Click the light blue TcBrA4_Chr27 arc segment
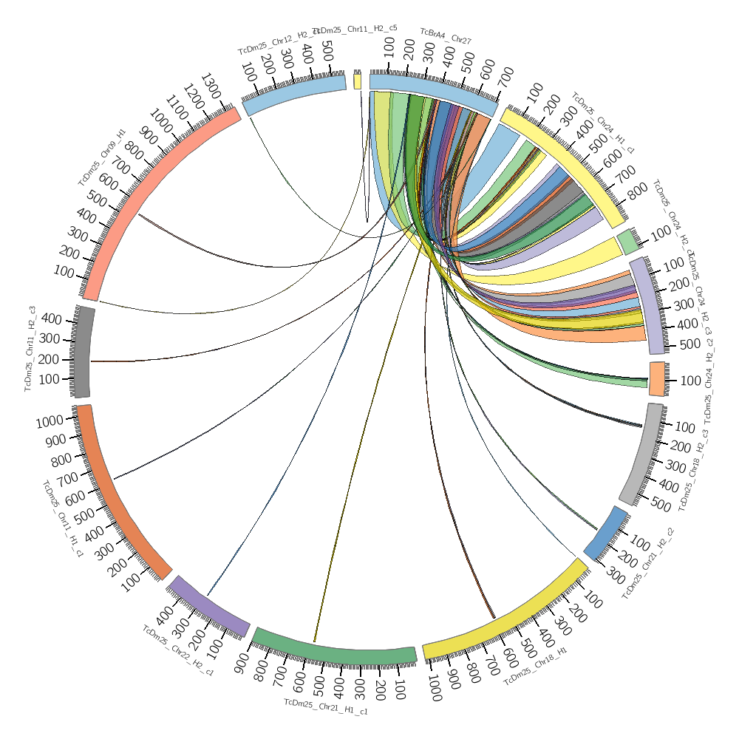pyautogui.click(x=432, y=92)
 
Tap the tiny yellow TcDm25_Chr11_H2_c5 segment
pyautogui.click(x=358, y=81)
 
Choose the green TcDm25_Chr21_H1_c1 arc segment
pyautogui.click(x=333, y=650)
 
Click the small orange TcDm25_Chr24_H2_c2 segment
pyautogui.click(x=657, y=378)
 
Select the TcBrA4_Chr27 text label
pyautogui.click(x=446, y=36)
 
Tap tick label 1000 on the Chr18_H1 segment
pyautogui.click(x=435, y=692)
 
